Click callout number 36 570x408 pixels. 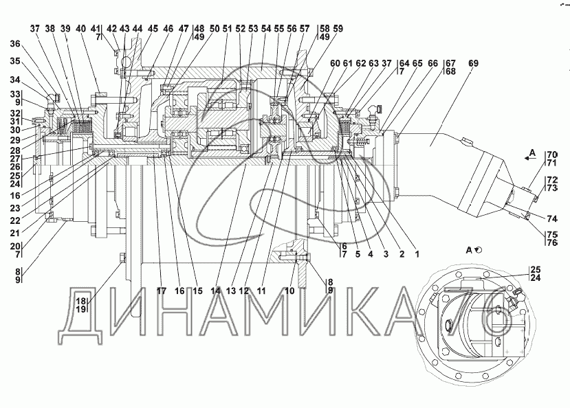[16, 44]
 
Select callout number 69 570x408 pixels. [474, 63]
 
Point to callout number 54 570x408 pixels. [267, 29]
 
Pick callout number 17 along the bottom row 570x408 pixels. [162, 291]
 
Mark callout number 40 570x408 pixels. [81, 29]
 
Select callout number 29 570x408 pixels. [15, 140]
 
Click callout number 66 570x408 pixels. [432, 63]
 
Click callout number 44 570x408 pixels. [138, 29]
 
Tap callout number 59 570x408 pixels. [338, 29]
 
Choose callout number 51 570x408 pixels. [227, 29]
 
